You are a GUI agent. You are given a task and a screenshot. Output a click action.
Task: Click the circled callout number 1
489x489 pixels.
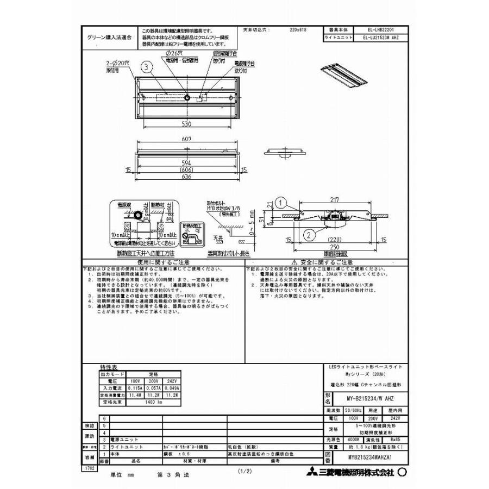pos(279,203)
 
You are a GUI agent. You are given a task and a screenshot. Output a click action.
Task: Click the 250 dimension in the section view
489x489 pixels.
pos(340,247)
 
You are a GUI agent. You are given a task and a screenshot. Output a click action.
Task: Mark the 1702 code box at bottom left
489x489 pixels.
pos(89,467)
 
